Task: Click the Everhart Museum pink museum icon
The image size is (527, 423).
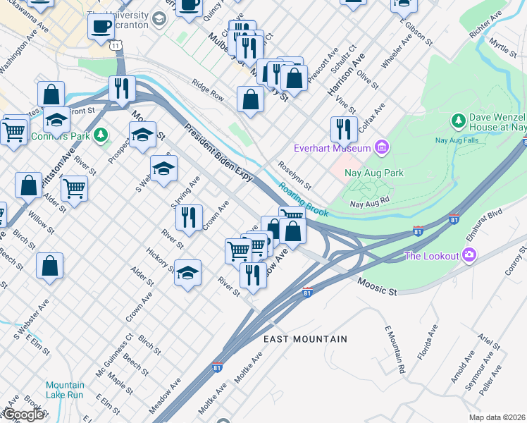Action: coord(382,147)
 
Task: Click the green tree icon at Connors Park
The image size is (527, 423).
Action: coord(101,133)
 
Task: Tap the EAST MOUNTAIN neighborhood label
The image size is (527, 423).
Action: coord(305,339)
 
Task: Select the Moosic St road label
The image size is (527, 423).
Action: coord(377,286)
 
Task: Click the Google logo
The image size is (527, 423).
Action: coord(23,415)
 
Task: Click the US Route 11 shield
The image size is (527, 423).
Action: coord(115,44)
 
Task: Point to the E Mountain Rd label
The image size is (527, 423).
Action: coord(394,349)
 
